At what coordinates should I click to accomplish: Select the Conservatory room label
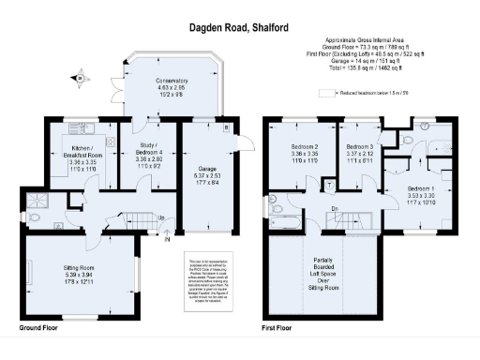click(171, 86)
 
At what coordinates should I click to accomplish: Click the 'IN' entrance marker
click(168, 239)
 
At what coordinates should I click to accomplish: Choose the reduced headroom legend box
click(325, 94)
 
